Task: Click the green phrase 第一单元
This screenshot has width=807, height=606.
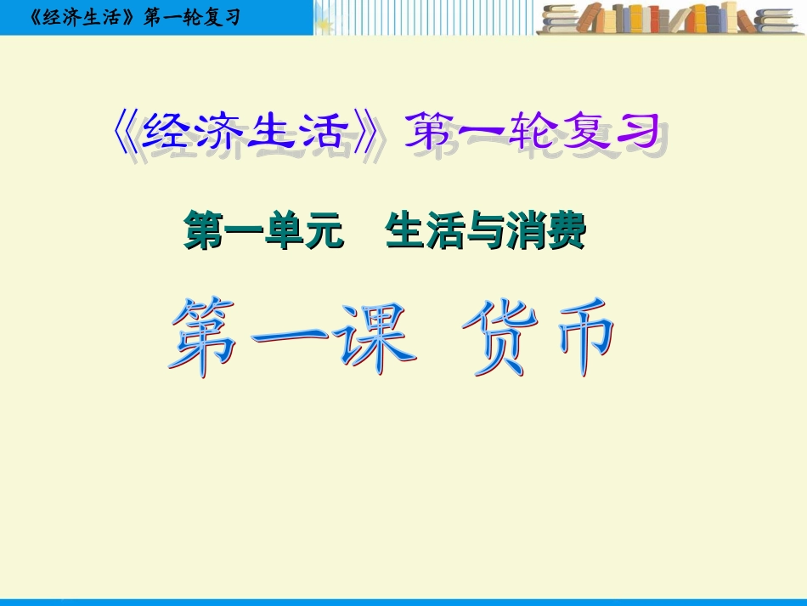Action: click(x=263, y=231)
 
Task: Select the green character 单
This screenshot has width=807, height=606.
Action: click(x=283, y=231)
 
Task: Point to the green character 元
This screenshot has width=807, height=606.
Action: click(x=324, y=231)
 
